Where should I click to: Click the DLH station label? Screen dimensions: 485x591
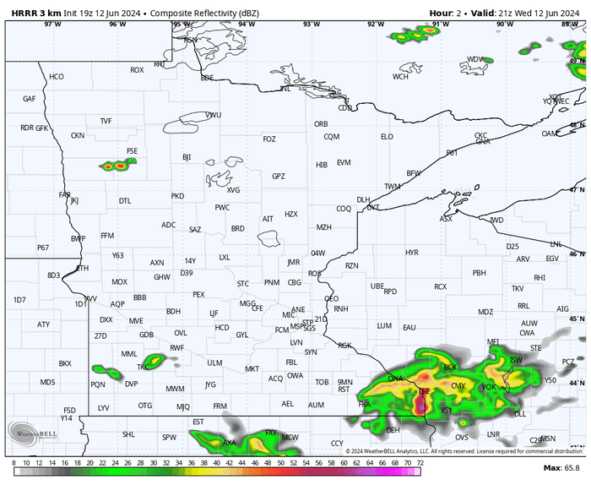[x=363, y=200]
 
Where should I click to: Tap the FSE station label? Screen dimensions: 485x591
[x=132, y=151]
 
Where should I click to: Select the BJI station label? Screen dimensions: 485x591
[x=187, y=157]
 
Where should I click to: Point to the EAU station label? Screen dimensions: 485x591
[x=409, y=327]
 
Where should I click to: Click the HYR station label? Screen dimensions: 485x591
[x=412, y=253]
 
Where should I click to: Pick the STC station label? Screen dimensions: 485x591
[x=243, y=283]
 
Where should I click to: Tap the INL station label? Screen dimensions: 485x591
[x=285, y=89]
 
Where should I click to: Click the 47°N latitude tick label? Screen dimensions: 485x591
[x=577, y=190]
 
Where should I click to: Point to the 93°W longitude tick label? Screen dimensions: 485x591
[x=312, y=24]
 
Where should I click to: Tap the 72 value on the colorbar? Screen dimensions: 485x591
[x=420, y=463]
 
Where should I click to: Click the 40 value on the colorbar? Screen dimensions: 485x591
[x=217, y=463]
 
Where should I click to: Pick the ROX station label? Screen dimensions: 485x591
[x=137, y=70]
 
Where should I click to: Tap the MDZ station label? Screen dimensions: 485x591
[x=485, y=313]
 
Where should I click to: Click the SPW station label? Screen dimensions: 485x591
[x=170, y=438]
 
